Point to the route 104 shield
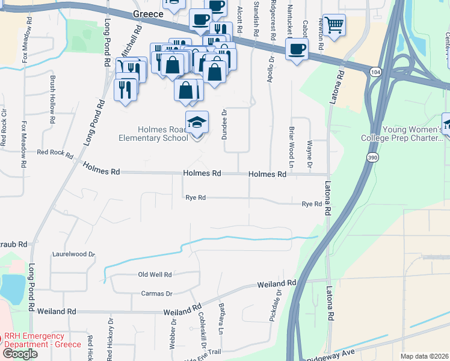pyautogui.click(x=375, y=72)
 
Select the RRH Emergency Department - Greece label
pyautogui.click(x=38, y=341)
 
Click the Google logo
pyautogui.click(x=20, y=353)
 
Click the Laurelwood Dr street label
pyautogui.click(x=73, y=255)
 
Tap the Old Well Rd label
pyautogui.click(x=155, y=274)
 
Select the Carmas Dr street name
pyautogui.click(x=156, y=294)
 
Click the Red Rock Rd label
pyautogui.click(x=54, y=152)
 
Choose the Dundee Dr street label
pyautogui.click(x=224, y=124)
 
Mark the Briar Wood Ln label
pyautogui.click(x=291, y=153)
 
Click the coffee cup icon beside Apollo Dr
pyautogui.click(x=297, y=49)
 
